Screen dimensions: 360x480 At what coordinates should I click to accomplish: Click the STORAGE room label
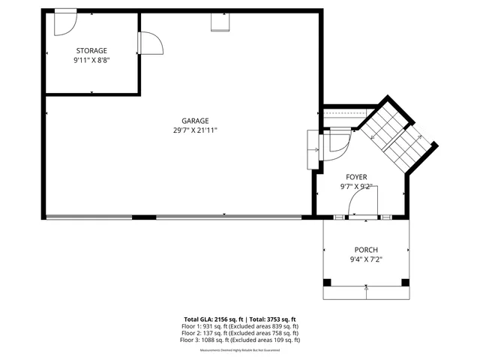(91, 50)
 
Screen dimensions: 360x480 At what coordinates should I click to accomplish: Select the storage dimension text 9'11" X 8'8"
(91, 60)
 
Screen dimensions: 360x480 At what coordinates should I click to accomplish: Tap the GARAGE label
(195, 121)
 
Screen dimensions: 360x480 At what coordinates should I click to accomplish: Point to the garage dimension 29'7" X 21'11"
(195, 130)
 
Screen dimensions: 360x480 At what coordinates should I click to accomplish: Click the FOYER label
(356, 176)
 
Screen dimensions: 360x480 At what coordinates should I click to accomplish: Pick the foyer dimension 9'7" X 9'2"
(356, 186)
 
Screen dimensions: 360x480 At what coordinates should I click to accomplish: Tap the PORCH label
(366, 250)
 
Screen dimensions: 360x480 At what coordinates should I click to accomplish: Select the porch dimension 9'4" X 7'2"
(366, 259)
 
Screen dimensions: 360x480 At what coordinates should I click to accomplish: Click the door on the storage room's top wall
(65, 21)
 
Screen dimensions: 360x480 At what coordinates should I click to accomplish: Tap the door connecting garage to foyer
(334, 142)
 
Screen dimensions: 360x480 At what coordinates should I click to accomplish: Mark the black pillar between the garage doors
(144, 217)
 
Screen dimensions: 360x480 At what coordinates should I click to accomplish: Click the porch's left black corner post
(327, 283)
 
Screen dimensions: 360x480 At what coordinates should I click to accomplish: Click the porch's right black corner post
(406, 283)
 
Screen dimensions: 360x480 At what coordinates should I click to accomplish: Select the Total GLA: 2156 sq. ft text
(211, 319)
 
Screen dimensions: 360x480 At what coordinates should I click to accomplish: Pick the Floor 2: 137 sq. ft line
(240, 333)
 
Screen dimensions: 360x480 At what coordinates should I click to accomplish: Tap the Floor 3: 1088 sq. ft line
(240, 340)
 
